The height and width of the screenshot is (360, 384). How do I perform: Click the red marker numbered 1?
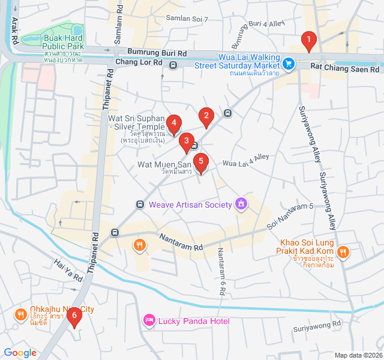(x=308, y=41)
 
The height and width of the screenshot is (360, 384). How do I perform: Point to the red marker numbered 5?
(x=201, y=162)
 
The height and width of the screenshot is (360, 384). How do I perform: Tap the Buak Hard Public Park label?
(x=63, y=41)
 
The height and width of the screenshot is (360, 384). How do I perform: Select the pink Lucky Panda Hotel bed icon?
(x=149, y=321)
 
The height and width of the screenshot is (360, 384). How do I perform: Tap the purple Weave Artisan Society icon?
(x=241, y=205)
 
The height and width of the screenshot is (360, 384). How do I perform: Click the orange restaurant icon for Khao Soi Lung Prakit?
(x=343, y=251)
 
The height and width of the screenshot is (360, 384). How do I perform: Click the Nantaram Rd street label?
(x=181, y=242)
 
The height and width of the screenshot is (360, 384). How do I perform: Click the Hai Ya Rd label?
(x=68, y=271)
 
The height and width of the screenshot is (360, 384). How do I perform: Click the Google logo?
(x=20, y=353)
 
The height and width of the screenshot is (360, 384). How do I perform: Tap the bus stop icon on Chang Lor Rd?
(x=173, y=65)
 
